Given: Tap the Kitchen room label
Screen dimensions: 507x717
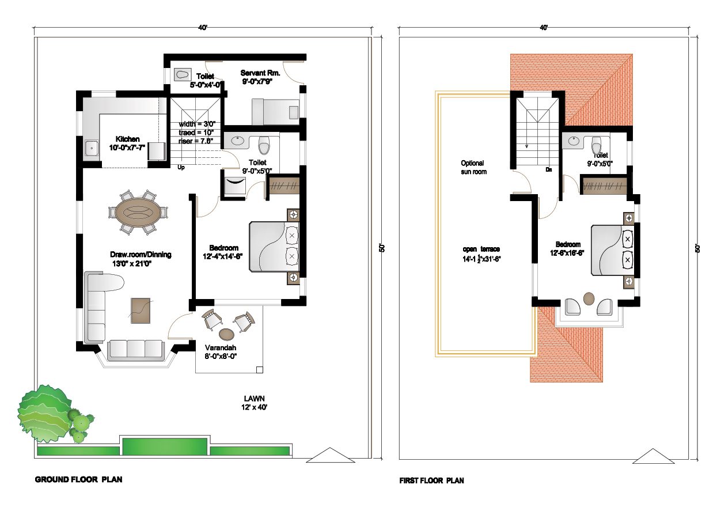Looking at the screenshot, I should (127, 139).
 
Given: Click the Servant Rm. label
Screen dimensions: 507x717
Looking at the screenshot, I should (260, 73).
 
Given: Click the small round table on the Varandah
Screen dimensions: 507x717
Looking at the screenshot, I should (226, 334).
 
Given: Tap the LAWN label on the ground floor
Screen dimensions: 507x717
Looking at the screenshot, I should (254, 398).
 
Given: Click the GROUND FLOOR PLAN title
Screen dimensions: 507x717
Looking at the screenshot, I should (78, 479).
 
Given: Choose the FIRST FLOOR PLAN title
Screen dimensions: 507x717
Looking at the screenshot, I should (431, 480).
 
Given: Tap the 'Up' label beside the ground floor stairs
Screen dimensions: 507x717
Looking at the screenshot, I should (181, 167).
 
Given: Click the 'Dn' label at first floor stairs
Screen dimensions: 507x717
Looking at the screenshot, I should (549, 169).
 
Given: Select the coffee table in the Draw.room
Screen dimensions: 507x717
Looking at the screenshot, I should (140, 311).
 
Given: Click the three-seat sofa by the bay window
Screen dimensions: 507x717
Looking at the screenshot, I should (135, 349).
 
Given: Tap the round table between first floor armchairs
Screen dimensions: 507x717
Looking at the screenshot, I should (589, 298).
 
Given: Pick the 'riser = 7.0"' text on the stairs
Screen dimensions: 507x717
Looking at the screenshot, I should (196, 141).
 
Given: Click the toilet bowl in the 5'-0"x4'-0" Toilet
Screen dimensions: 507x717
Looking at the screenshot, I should (183, 74).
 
